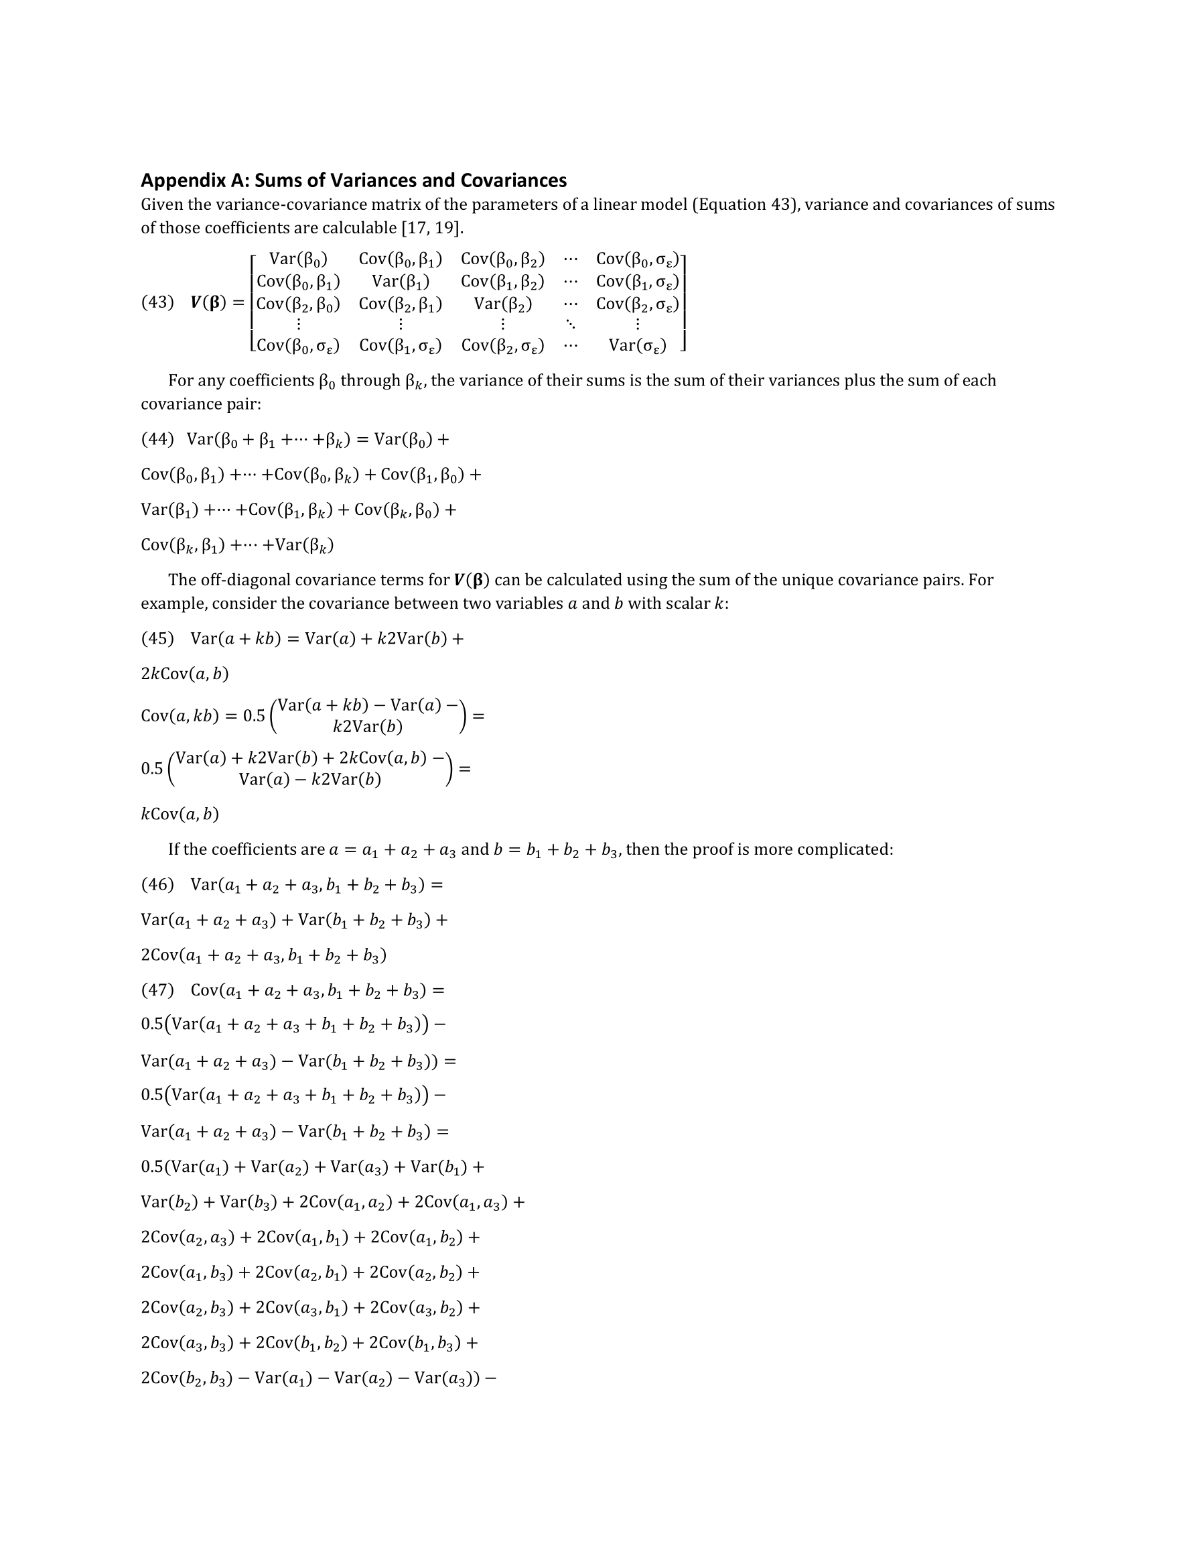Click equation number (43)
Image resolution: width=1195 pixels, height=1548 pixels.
157,302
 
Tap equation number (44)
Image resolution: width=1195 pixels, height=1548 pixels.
157,438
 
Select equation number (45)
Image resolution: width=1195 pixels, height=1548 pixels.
157,638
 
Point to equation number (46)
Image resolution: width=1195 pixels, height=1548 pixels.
157,884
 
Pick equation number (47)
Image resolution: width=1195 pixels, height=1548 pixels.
157,990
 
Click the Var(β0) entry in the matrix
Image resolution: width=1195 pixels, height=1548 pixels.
298,259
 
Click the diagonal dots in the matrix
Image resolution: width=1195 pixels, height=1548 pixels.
570,324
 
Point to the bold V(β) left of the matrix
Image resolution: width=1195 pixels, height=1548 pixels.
208,302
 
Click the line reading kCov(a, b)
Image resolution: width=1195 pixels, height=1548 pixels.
180,814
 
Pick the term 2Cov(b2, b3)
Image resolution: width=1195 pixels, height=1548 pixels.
186,1378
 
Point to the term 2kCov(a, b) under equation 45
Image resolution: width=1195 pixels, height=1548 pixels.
185,673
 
